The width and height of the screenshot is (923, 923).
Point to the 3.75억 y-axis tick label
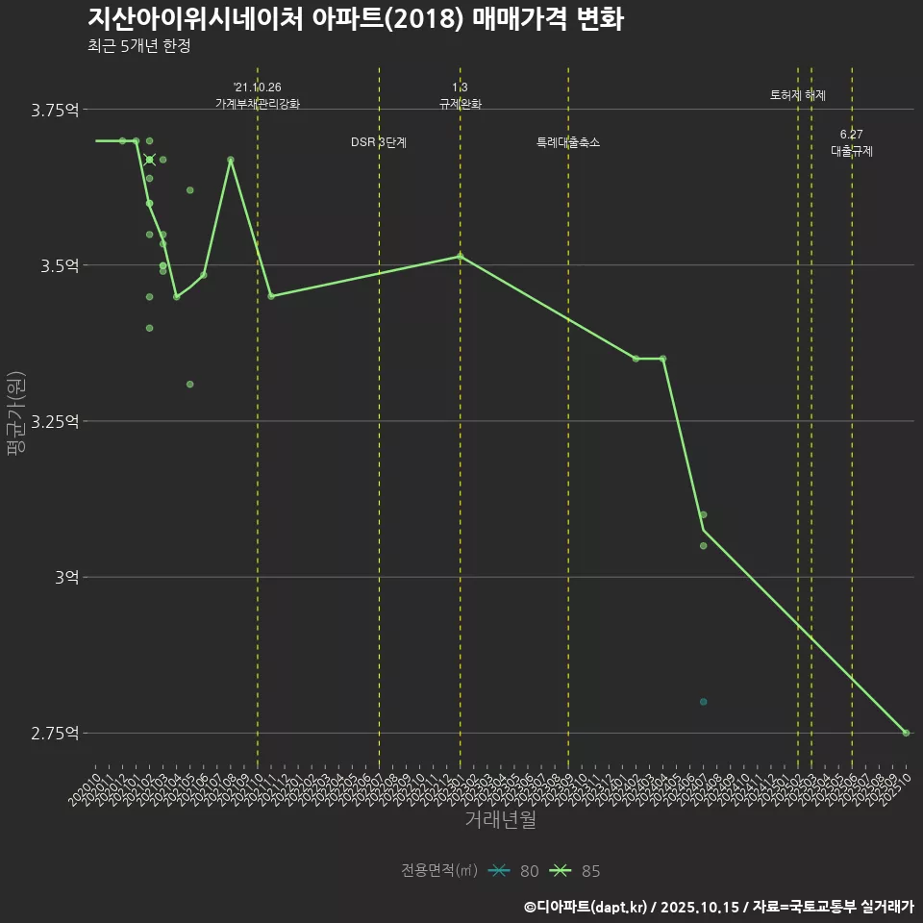point(56,110)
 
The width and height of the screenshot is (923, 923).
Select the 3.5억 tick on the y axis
point(60,265)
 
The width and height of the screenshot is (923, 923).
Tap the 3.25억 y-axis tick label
point(56,421)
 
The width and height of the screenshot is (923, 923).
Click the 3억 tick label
point(65,577)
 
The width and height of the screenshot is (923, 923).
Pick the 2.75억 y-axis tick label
point(56,733)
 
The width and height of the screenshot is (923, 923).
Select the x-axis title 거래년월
point(500,819)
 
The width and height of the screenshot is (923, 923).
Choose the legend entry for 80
point(513,871)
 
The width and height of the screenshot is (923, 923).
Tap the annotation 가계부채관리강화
point(258,104)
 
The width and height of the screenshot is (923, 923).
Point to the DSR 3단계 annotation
point(379,142)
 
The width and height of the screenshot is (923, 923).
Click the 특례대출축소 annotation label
point(567,142)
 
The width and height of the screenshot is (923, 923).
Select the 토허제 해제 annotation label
point(797,95)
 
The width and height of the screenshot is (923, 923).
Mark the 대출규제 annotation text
point(852,151)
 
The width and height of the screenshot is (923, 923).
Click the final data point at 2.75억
point(906,733)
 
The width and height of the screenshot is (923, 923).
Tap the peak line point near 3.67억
point(231,160)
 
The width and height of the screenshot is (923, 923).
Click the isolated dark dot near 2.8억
point(704,702)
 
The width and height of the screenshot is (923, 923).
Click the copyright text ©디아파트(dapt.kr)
point(586,907)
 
